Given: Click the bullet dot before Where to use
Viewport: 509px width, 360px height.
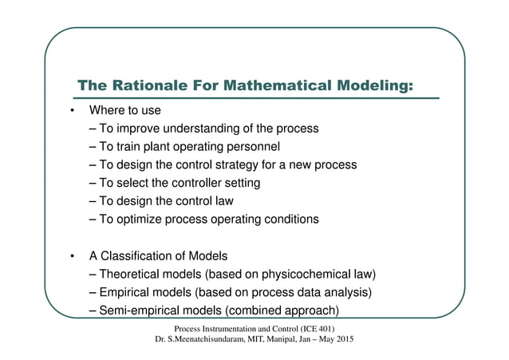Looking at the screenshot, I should (72, 110).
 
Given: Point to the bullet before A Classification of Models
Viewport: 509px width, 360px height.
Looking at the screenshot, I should (72, 256).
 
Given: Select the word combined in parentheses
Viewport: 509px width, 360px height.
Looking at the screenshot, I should (257, 311).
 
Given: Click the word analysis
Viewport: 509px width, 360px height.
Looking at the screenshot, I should (347, 292).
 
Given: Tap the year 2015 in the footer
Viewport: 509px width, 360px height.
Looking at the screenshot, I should (342, 342).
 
